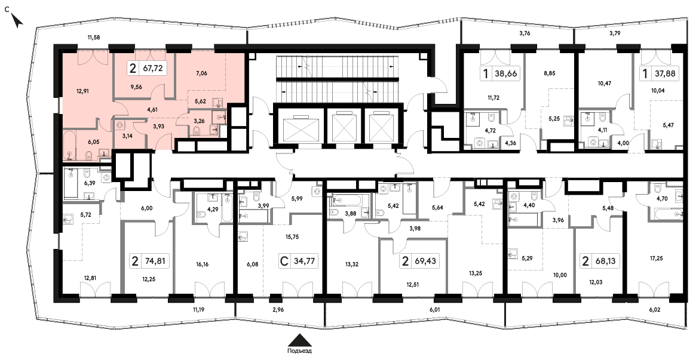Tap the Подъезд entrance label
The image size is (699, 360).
(x=300, y=351)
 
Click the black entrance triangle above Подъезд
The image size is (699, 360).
(x=300, y=340)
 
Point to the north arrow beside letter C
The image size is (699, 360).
(x=17, y=20)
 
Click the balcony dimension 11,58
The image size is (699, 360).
(x=94, y=38)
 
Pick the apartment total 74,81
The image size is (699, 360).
(x=155, y=261)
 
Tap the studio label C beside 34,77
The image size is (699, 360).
(x=283, y=261)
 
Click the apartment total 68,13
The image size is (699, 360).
(x=605, y=261)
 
